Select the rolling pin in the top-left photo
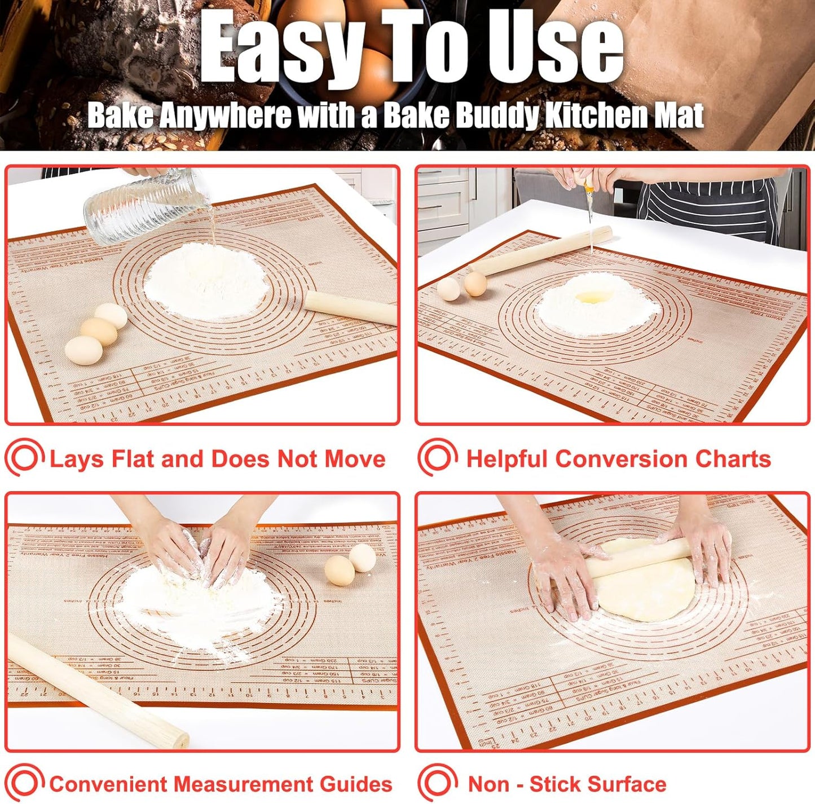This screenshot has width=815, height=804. coord(350,307)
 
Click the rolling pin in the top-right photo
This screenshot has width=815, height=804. coord(541,251)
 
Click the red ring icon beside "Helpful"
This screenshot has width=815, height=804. coord(437,458)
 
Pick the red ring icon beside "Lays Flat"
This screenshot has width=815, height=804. coord(24,458)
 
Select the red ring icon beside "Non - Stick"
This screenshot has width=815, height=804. coord(437,783)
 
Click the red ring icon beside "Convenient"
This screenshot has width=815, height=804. coord(24,783)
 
